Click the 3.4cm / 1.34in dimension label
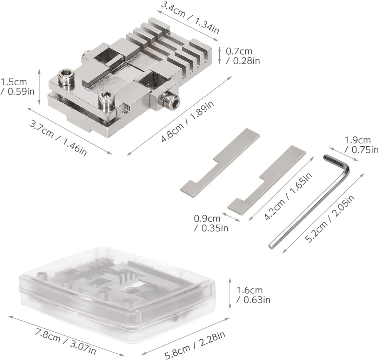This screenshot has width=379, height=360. click(190, 18)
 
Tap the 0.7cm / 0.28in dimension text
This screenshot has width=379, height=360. click(243, 56)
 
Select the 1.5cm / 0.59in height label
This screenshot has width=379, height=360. click(17, 87)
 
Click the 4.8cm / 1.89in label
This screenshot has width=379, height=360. click(187, 121)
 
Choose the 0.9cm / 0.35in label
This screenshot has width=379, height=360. click(211, 223)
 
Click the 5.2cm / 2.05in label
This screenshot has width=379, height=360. click(330, 219)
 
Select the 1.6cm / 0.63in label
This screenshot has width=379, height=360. click(253, 295)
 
